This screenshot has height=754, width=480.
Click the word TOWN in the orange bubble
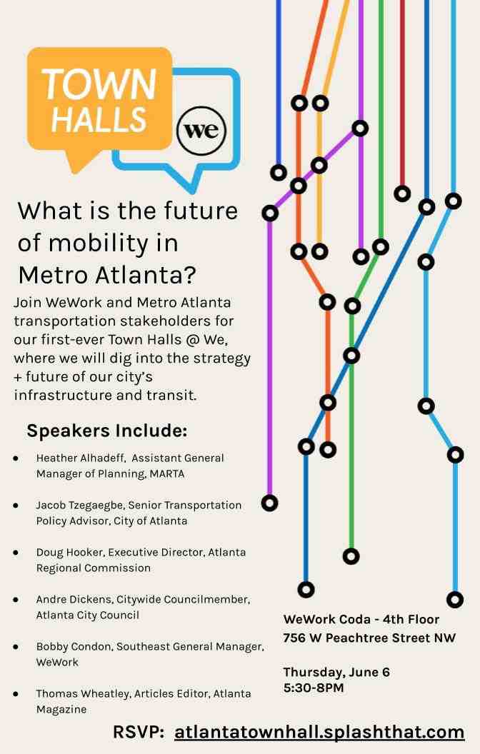coord(99,84)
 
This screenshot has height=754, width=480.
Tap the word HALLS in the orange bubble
coord(99,119)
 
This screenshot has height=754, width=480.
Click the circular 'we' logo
coord(201,131)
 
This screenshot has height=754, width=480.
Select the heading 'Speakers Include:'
coord(106,431)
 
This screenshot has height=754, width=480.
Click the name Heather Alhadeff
coord(81,458)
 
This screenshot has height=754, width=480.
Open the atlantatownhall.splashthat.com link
coord(319,732)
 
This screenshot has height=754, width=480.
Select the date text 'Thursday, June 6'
coord(336,672)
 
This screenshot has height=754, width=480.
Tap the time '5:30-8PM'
coord(314,688)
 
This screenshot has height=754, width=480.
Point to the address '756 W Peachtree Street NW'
coord(369,638)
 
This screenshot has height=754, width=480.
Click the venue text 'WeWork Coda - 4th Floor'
coord(361,619)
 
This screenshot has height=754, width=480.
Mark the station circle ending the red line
coord(402,193)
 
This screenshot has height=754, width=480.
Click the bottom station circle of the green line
coord(351,556)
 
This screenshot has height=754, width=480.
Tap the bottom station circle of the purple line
coord(269,503)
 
